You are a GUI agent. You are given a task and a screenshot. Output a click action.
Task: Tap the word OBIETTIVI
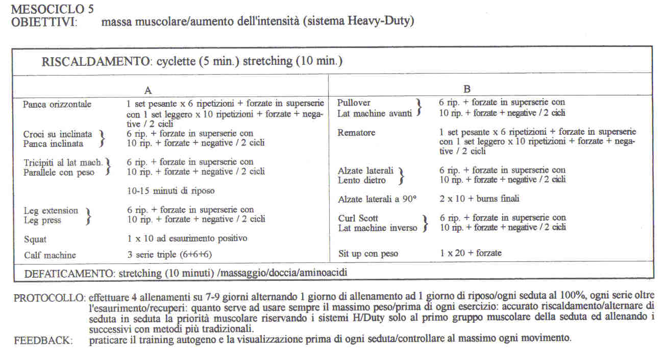click(x=44, y=22)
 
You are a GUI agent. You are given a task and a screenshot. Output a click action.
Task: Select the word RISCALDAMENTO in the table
click(x=94, y=62)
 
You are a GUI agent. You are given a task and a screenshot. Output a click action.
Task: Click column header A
click(x=148, y=90)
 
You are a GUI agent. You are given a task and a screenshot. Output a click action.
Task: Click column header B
click(x=466, y=89)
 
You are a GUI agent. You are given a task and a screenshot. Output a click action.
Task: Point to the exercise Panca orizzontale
click(x=57, y=105)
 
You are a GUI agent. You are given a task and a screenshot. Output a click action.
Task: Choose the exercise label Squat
click(x=35, y=239)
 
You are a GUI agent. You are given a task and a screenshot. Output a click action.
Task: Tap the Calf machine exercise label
click(x=50, y=255)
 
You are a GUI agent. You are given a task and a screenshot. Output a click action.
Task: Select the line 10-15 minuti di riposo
click(x=170, y=191)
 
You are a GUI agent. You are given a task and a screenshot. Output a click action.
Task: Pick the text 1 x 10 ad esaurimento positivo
click(x=187, y=238)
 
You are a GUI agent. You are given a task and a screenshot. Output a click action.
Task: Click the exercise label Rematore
click(x=356, y=133)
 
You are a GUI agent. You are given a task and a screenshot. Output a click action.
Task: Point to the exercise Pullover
click(x=354, y=103)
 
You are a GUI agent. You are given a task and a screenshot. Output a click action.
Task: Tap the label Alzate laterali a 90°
click(x=378, y=199)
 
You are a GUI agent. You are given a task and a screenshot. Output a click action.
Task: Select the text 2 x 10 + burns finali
click(x=479, y=199)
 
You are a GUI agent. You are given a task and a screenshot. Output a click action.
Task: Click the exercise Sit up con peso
click(x=368, y=253)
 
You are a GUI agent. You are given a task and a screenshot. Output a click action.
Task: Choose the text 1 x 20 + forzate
click(x=471, y=253)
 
